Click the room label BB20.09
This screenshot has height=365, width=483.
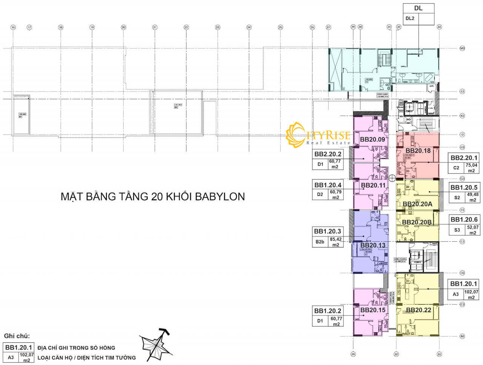tap(372, 139)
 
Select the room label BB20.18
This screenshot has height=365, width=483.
tap(418, 150)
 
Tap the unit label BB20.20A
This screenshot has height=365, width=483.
tap(417, 204)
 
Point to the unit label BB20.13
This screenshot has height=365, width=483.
tap(373, 245)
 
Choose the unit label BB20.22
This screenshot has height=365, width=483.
tap(418, 310)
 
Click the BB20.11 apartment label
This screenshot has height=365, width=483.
tap(373, 185)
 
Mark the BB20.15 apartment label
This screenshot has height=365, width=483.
tap(373, 310)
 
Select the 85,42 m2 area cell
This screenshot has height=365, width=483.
tap(335, 242)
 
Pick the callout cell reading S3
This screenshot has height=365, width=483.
tap(457, 230)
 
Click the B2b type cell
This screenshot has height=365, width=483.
tap(320, 242)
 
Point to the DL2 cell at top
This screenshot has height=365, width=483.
tap(410, 18)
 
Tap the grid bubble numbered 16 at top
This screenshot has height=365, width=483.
tap(13, 27)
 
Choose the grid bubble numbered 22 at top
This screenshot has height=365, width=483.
tap(186, 27)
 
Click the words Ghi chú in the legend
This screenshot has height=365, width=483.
tap(17, 336)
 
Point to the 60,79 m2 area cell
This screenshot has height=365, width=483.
tap(335, 195)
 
